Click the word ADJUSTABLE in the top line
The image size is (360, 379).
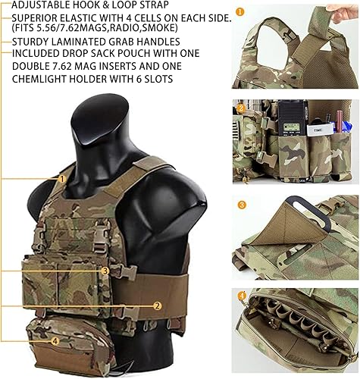39,5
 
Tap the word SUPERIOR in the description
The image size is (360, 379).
39,17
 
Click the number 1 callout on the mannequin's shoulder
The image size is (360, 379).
61,178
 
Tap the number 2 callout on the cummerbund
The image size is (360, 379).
157,305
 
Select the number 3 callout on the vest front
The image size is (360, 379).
105,270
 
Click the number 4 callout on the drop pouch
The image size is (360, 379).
55,340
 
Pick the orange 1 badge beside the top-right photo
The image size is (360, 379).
240,12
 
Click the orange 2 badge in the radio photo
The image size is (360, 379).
241,108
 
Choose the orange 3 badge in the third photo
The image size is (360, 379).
241,205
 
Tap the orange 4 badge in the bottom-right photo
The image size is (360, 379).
241,296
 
